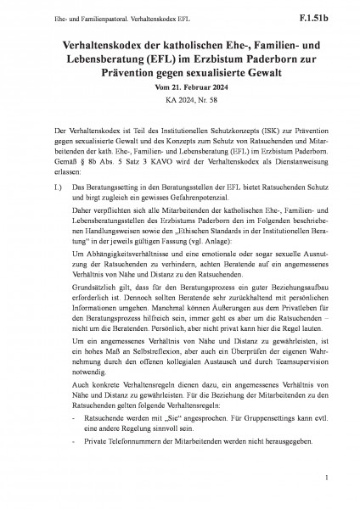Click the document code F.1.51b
click(x=326, y=14)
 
